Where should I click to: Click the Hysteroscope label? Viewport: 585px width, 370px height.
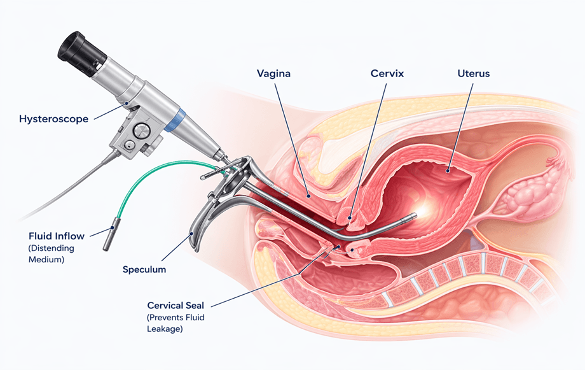(x=53, y=118)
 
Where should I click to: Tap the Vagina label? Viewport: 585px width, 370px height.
(x=273, y=74)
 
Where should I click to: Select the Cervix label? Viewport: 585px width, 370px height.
(x=387, y=74)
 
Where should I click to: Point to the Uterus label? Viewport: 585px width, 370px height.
(x=474, y=74)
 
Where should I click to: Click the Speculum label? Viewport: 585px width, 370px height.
(x=144, y=269)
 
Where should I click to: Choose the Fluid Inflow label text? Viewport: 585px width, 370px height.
(x=56, y=236)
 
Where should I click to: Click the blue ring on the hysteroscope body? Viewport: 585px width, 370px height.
(x=177, y=120)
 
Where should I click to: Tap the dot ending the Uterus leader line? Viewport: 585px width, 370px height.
(x=448, y=170)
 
